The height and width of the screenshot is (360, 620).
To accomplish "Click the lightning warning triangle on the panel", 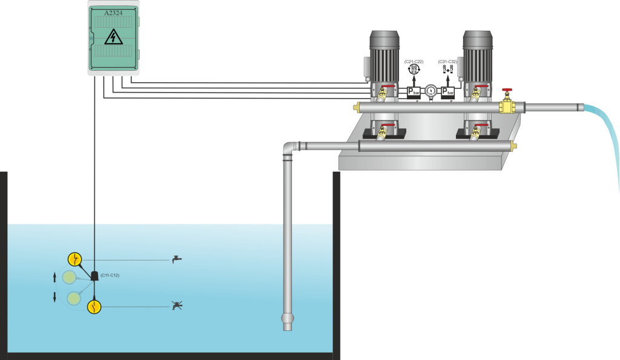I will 113,38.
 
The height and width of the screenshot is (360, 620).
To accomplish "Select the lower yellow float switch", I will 93,307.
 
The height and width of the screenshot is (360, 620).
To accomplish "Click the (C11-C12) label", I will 110,275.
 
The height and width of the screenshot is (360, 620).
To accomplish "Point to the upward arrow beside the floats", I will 55,277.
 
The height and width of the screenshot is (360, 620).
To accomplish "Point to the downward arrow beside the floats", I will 55,296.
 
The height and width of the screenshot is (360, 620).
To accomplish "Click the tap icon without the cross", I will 176,259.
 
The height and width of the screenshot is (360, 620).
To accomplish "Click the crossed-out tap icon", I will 176,306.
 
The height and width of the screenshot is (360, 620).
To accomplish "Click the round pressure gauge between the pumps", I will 430,90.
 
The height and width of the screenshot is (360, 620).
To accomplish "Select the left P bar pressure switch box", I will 414,92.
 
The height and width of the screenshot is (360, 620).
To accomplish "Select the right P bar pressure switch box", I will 447,92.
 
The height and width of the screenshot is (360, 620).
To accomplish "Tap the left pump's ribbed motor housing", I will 384,61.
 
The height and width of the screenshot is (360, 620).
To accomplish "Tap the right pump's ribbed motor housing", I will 478,61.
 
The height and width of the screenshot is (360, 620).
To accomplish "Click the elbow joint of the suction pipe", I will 289,148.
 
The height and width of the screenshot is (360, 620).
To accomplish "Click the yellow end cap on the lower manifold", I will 514,146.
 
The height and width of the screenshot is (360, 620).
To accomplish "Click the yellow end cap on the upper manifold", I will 357,108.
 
